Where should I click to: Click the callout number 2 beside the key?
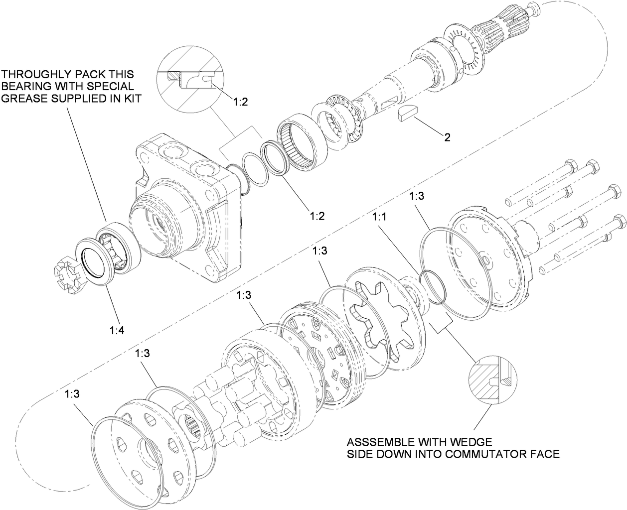pos(447,137)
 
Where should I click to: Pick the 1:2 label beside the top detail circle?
pos(240,102)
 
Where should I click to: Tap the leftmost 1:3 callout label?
pos(72,393)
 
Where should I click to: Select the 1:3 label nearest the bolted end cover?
pos(416,196)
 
